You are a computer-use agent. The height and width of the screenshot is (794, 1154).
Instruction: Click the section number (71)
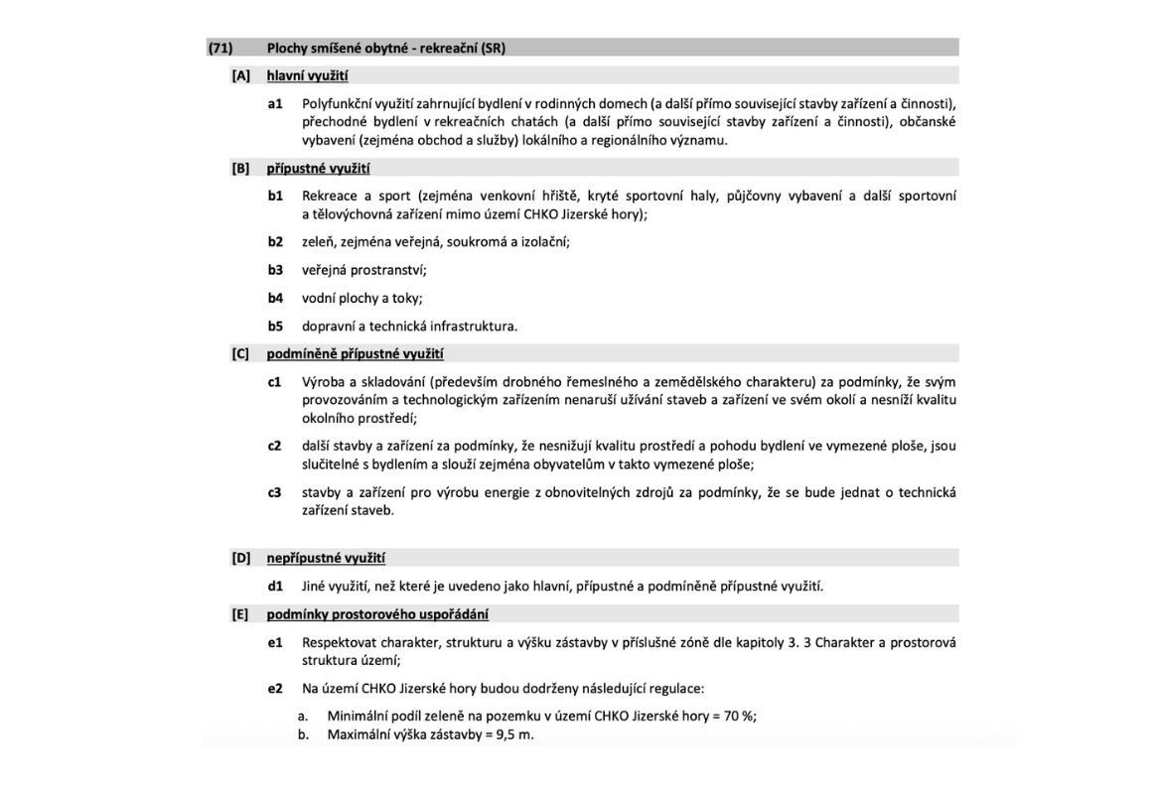(220, 48)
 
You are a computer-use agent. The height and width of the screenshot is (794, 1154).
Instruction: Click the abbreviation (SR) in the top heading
(493, 48)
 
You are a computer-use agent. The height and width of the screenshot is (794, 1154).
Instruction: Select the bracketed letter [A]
(241, 75)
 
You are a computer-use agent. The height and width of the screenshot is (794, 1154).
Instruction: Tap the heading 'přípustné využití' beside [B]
(318, 168)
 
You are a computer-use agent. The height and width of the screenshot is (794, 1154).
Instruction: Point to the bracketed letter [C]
(241, 353)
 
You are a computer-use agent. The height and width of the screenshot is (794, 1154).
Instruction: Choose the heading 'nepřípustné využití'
(326, 558)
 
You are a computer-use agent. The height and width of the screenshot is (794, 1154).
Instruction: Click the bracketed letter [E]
(240, 613)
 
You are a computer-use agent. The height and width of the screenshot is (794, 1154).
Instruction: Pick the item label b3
(275, 270)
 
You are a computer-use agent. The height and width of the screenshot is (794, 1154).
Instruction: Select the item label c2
(275, 446)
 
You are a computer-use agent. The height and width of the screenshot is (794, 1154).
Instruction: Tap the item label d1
(275, 586)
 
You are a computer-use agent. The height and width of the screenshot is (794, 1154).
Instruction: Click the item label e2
(275, 688)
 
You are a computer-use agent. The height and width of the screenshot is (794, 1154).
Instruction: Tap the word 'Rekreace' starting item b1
(329, 196)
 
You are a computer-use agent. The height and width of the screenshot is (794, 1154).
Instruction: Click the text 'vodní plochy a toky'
(361, 298)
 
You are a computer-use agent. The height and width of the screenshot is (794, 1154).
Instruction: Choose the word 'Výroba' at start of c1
(323, 382)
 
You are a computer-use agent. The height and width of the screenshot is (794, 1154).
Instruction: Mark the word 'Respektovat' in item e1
(340, 642)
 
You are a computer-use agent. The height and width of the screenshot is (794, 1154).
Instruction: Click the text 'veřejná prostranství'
(362, 270)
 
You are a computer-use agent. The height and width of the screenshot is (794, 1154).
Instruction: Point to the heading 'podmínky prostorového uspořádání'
(377, 613)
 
